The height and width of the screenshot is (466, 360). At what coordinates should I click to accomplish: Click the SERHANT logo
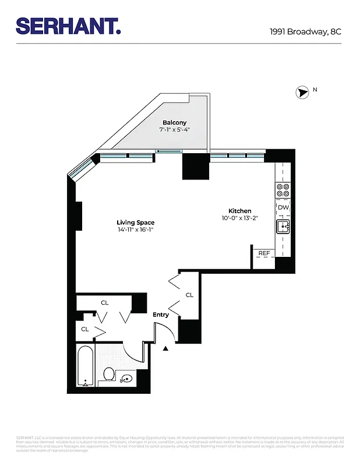coord(68,26)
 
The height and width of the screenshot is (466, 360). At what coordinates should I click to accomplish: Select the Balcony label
coord(175,122)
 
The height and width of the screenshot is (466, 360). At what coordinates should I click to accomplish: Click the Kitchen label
coord(239,211)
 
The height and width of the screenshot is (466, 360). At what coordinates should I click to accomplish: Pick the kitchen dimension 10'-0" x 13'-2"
coord(239,218)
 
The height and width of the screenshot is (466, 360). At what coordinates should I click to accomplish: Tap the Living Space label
coord(136,223)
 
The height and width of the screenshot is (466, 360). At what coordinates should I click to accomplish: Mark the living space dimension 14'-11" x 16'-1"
coord(136,230)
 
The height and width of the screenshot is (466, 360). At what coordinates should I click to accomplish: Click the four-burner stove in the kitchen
coord(283,190)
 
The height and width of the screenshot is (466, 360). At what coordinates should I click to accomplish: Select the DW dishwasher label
coord(283,207)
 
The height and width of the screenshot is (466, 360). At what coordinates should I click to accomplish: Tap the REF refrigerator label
coord(264,253)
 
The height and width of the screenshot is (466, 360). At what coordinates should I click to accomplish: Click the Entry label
coord(161,315)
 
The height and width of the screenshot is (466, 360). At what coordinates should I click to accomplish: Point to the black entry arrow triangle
coord(165,348)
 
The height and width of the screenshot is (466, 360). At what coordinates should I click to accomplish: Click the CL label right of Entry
coord(189,295)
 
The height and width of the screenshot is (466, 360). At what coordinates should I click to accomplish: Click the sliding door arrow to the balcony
coord(169,152)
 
